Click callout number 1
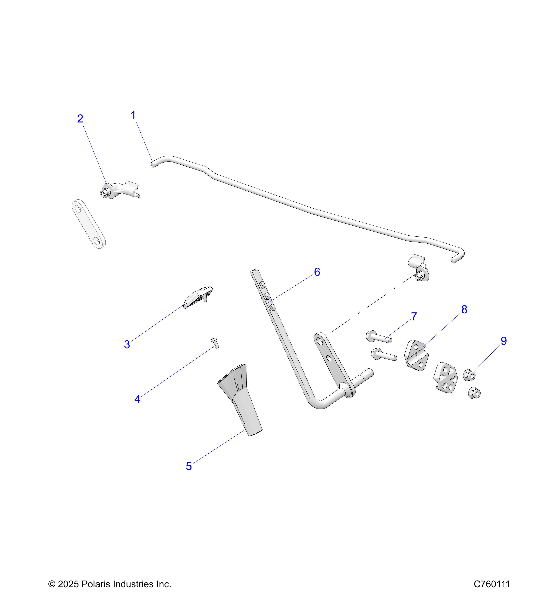point(133,115)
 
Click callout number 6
point(317,272)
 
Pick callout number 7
point(414,317)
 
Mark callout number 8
point(464,310)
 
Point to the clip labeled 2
point(119,189)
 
